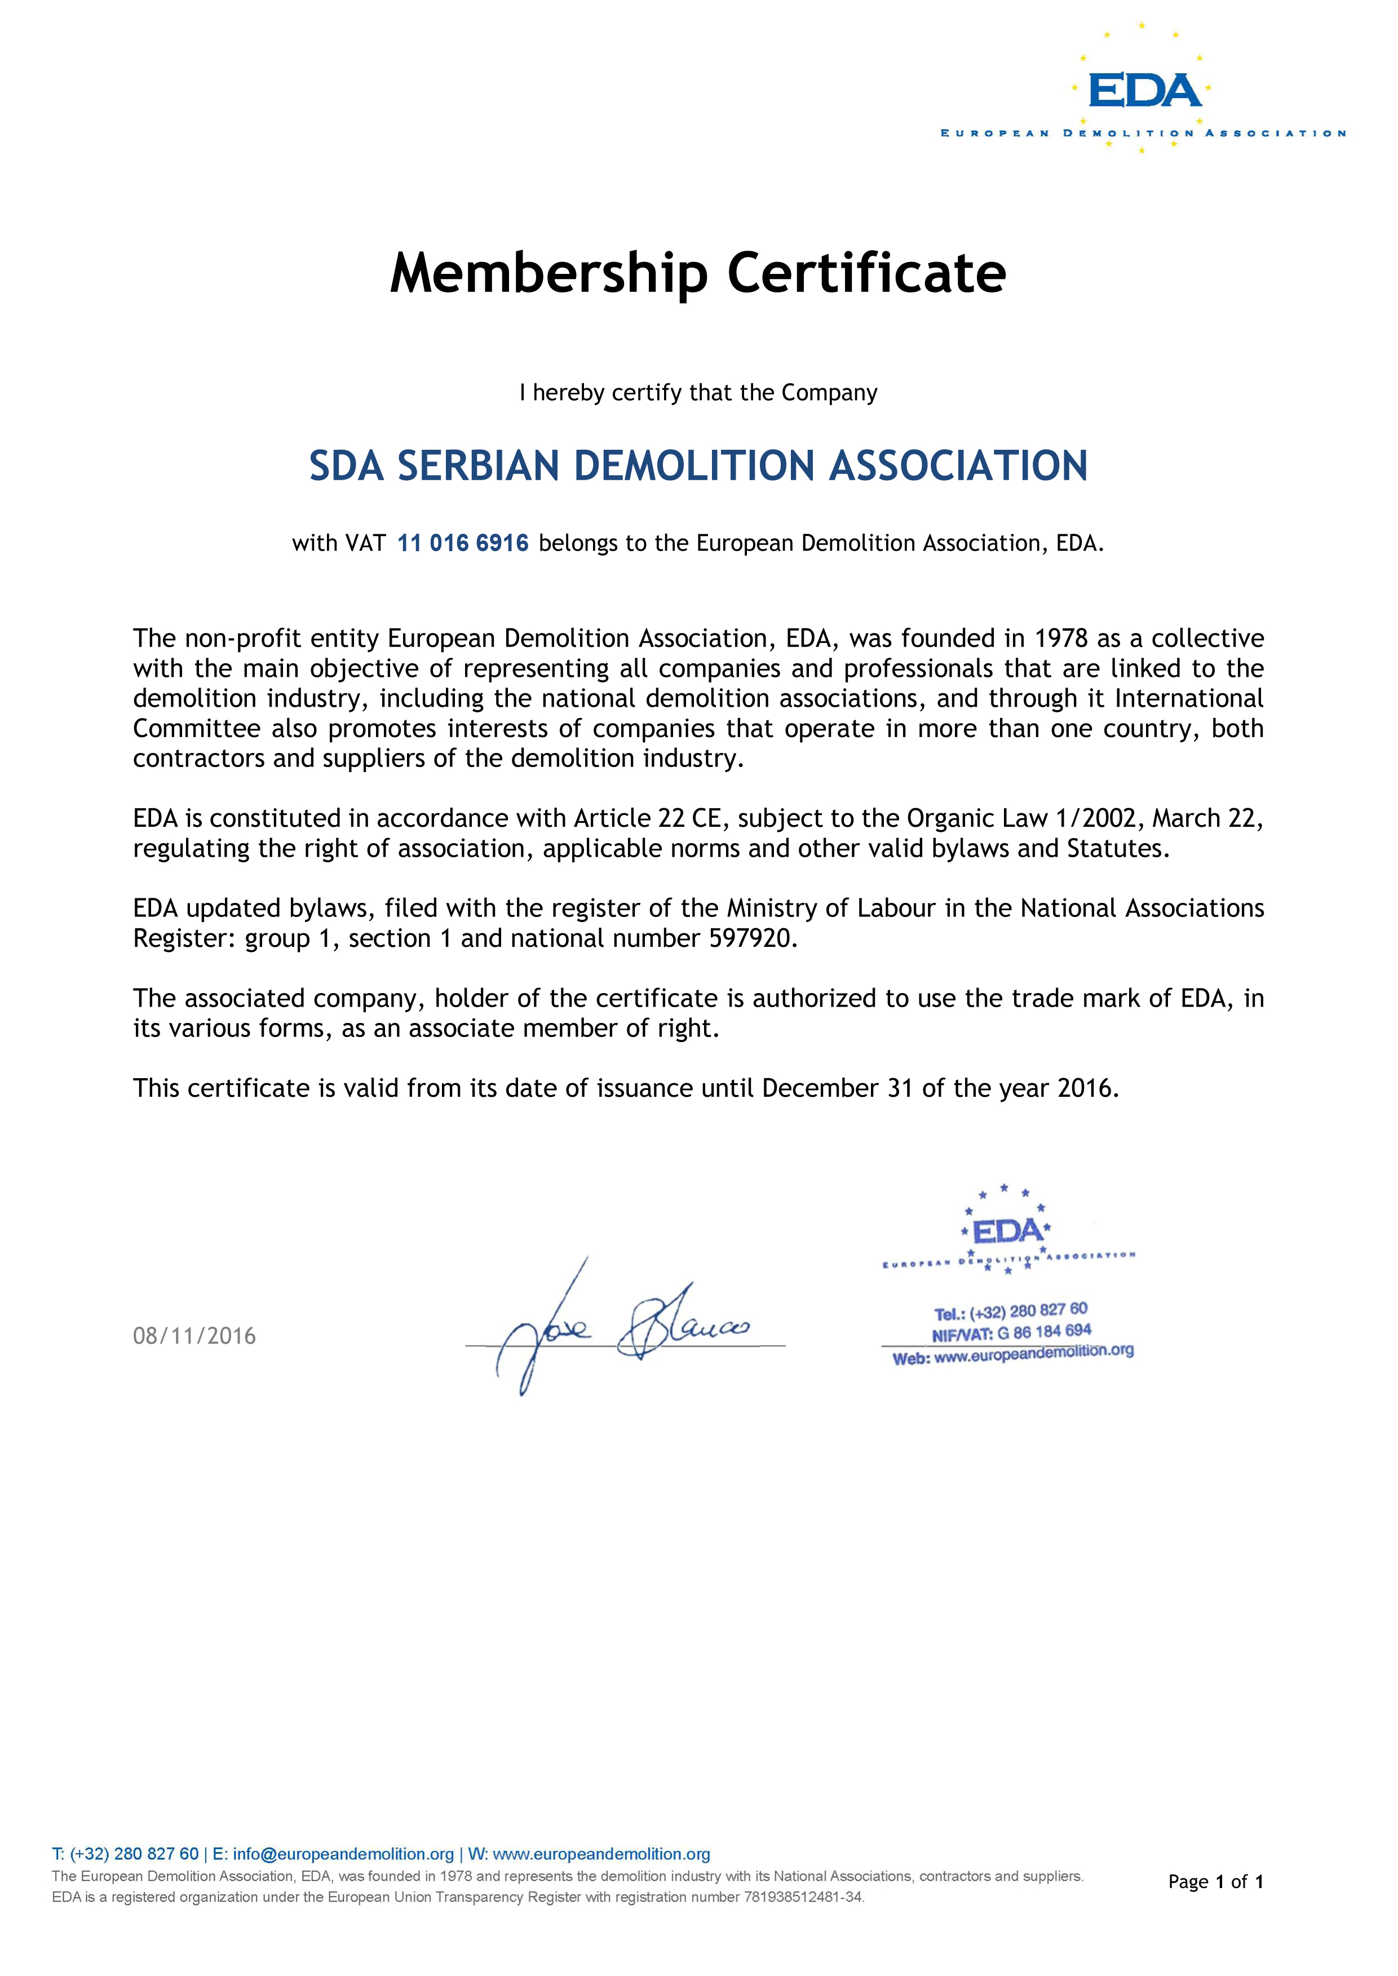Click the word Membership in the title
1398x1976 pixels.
click(x=548, y=274)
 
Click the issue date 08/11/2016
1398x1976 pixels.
click(x=194, y=1336)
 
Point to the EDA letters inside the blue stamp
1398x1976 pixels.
click(x=1007, y=1231)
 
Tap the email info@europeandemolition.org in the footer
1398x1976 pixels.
click(x=343, y=1854)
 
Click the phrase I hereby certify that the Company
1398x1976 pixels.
click(x=698, y=393)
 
